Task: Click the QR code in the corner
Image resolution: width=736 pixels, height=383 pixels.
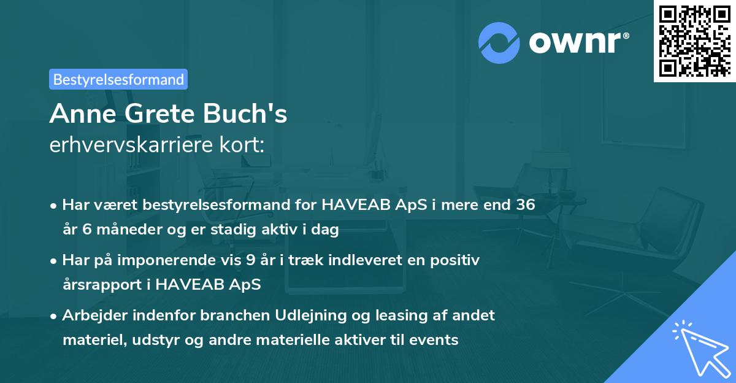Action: point(694,41)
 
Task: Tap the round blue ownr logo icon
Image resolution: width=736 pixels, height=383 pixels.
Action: point(498,42)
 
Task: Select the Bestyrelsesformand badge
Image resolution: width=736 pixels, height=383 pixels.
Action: point(118,79)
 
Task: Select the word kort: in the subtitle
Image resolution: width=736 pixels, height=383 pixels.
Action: point(245,145)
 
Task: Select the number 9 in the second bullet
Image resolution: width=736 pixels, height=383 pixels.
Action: point(250,260)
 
